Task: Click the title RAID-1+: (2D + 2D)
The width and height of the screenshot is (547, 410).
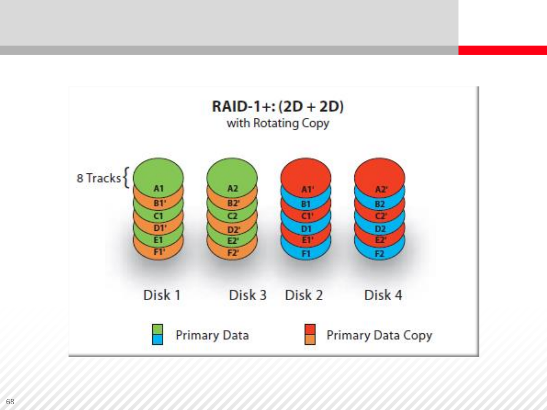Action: (278, 106)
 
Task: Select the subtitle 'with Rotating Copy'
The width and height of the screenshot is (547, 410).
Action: (278, 123)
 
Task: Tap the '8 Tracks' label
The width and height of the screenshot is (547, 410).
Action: (99, 178)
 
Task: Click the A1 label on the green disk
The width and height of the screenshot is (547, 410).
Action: (158, 188)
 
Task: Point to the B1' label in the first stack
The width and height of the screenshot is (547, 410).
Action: (160, 203)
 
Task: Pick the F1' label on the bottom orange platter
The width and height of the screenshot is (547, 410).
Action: (159, 252)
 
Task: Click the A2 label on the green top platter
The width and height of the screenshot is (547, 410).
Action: (232, 188)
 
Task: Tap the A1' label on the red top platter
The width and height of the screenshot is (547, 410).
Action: (307, 189)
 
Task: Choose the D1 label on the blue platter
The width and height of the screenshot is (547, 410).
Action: (306, 229)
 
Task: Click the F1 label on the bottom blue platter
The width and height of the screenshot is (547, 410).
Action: (306, 254)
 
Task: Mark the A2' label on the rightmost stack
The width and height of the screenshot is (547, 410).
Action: (381, 189)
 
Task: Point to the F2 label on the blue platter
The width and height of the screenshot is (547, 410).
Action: (379, 254)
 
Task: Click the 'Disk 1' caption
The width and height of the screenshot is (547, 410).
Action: (161, 295)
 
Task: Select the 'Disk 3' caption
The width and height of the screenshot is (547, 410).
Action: (248, 295)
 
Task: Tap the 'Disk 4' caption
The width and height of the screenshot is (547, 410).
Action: (383, 295)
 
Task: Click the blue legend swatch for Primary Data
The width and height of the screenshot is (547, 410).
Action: (157, 339)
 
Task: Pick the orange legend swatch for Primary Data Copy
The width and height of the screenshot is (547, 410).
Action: (310, 339)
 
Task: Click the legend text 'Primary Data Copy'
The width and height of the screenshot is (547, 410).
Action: (379, 335)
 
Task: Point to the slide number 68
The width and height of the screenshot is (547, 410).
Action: (10, 402)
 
